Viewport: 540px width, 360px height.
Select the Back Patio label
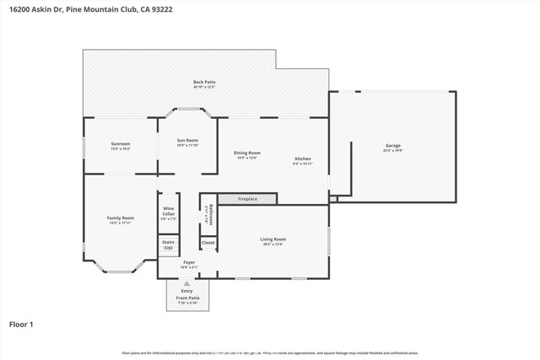pyautogui.click(x=204, y=83)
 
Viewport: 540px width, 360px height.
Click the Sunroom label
pyautogui.click(x=121, y=145)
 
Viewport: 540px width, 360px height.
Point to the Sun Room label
pyautogui.click(x=187, y=142)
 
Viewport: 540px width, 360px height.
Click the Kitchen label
pyautogui.click(x=303, y=160)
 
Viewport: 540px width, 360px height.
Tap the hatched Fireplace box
pyautogui.click(x=247, y=199)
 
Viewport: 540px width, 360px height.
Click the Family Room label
pyautogui.click(x=121, y=219)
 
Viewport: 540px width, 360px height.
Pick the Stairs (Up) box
pyautogui.click(x=168, y=245)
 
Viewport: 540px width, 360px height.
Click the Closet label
pyautogui.click(x=208, y=243)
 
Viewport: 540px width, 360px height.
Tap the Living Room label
pyautogui.click(x=273, y=241)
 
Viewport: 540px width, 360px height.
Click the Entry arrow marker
pyautogui.click(x=186, y=285)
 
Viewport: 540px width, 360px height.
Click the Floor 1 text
pyautogui.click(x=22, y=323)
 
